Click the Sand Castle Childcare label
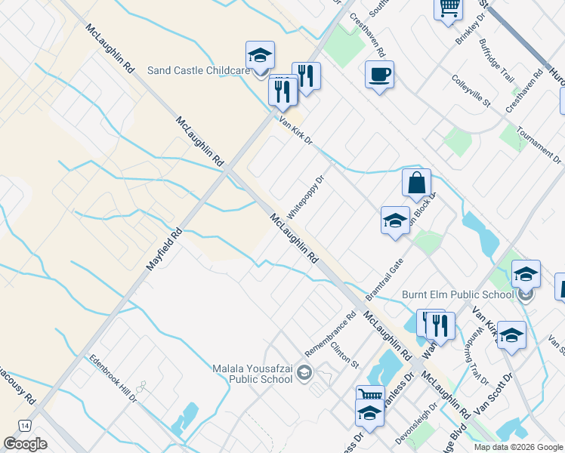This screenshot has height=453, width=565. coord(199,70)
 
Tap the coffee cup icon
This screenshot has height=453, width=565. coord(379,75)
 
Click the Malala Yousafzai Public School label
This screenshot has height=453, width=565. coord(250,374)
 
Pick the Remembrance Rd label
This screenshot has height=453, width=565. coord(330,335)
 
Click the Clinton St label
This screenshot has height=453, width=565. coord(344,354)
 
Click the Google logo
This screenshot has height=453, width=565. coord(25,443)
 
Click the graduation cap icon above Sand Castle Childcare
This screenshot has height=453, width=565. coord(260,56)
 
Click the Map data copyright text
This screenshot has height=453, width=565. coord(517,447)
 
